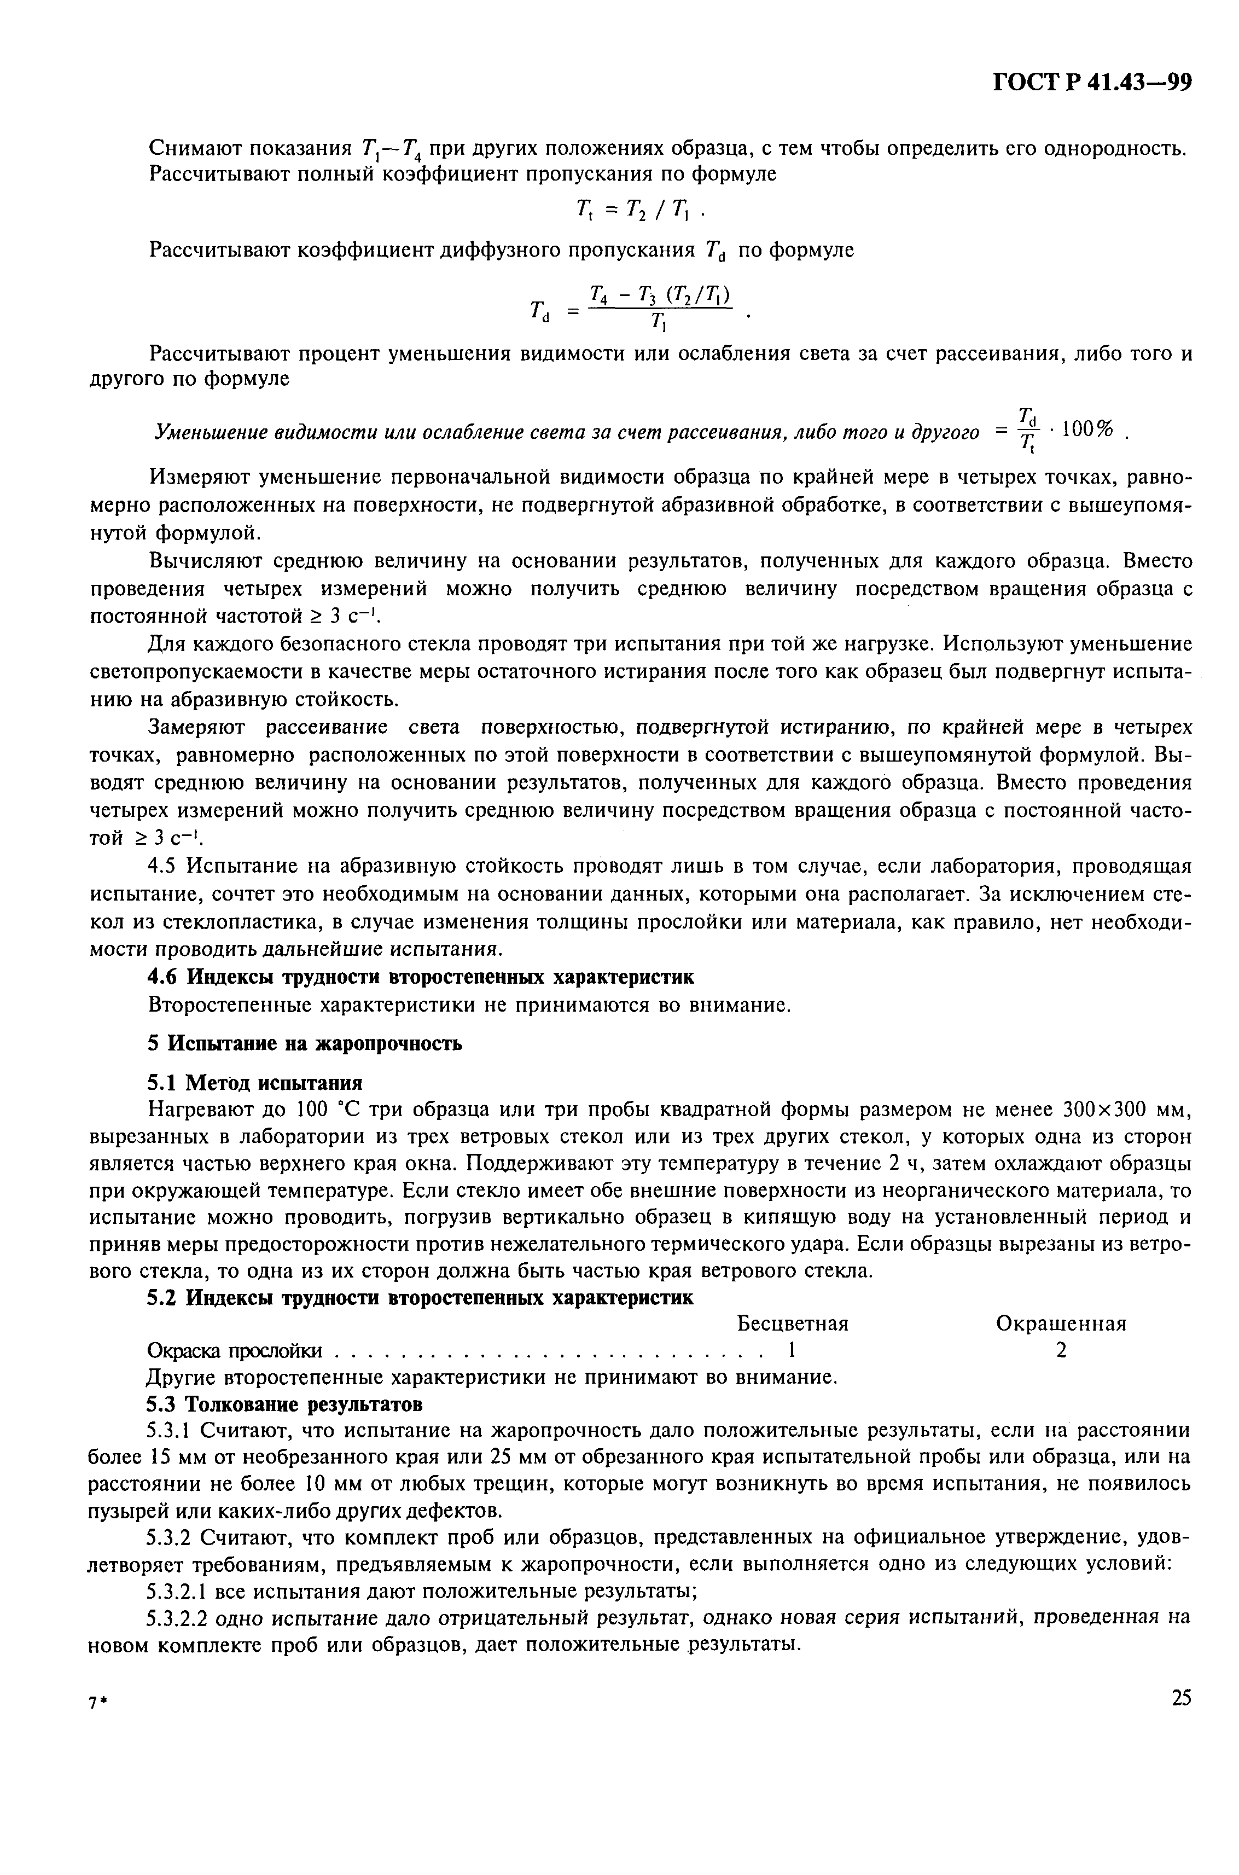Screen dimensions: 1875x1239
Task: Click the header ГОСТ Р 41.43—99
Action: point(1091,82)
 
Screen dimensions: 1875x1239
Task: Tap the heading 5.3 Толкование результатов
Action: point(284,1404)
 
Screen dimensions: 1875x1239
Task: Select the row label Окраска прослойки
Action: point(235,1351)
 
